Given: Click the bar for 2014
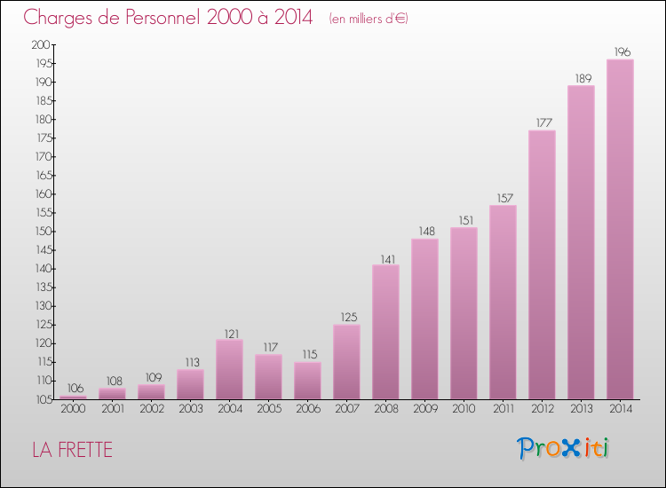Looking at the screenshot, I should pyautogui.click(x=620, y=229).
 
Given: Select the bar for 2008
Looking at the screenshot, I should pyautogui.click(x=385, y=332).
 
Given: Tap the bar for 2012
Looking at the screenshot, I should pyautogui.click(x=542, y=264).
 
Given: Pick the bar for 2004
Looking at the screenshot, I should pyautogui.click(x=229, y=369).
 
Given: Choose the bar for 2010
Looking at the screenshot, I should pyautogui.click(x=464, y=313).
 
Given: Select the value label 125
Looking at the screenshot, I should pyautogui.click(x=346, y=317).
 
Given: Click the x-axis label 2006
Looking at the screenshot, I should pyautogui.click(x=307, y=409).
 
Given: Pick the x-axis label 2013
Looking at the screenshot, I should pyautogui.click(x=581, y=409).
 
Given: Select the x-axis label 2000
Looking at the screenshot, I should pyautogui.click(x=73, y=409).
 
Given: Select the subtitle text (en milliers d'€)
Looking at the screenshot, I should pyautogui.click(x=368, y=19).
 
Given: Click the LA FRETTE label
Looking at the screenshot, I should pyautogui.click(x=72, y=450).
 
